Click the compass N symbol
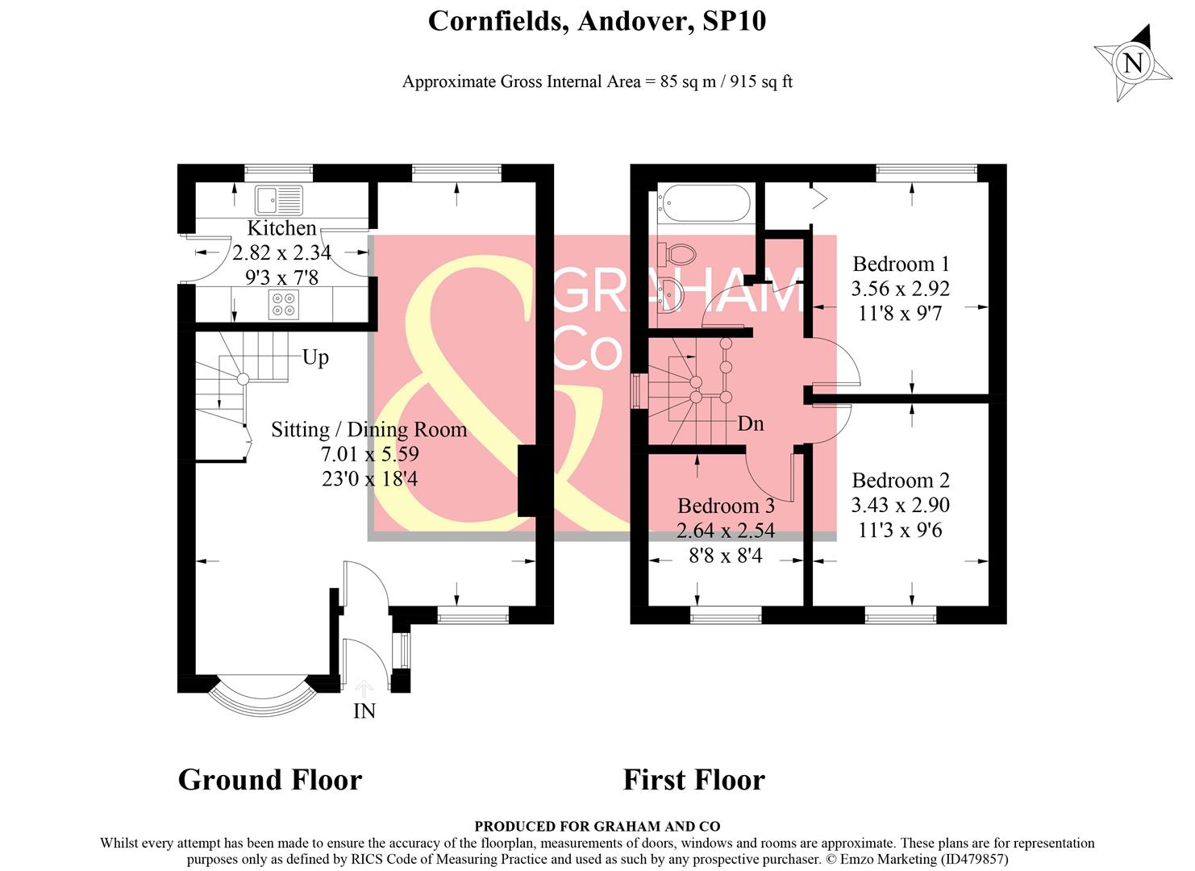[1133, 62]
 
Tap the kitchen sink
[278, 198]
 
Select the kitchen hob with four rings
[284, 304]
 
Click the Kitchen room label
[281, 228]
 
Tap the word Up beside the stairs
[315, 357]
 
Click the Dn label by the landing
[750, 423]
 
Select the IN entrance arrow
[364, 689]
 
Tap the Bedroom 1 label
[901, 264]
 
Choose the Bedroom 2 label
[901, 481]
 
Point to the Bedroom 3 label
[726, 506]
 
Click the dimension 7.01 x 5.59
[369, 454]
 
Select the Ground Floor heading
[269, 780]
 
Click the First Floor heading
[693, 780]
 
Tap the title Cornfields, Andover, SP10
[597, 21]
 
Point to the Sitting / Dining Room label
[368, 430]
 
